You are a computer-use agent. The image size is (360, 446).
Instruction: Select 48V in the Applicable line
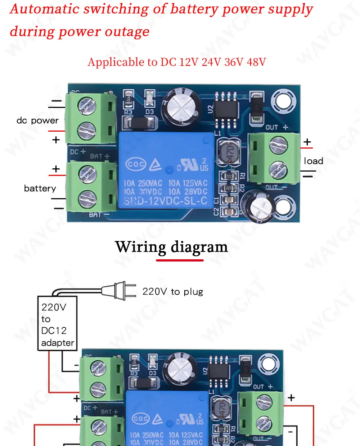pos(256,62)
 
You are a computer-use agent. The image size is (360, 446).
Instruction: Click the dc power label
pos(37,120)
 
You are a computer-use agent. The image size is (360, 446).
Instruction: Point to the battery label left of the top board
pos(40,188)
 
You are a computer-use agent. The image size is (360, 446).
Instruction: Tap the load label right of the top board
pos(313,161)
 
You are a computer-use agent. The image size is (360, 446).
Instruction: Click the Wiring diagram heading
pos(171,247)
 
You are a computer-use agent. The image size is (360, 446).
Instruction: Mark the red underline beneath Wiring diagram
pos(180,260)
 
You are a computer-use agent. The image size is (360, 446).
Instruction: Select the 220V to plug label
pos(173,292)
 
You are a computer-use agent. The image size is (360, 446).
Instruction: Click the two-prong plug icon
pos(119,291)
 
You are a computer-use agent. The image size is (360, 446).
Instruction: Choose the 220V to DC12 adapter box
pos(57,323)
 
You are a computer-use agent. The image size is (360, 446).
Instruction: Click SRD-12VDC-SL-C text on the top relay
pos(165,201)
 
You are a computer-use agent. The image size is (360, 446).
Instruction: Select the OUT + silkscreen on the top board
pos(276,127)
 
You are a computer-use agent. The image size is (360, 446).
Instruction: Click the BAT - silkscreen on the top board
pos(98,215)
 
